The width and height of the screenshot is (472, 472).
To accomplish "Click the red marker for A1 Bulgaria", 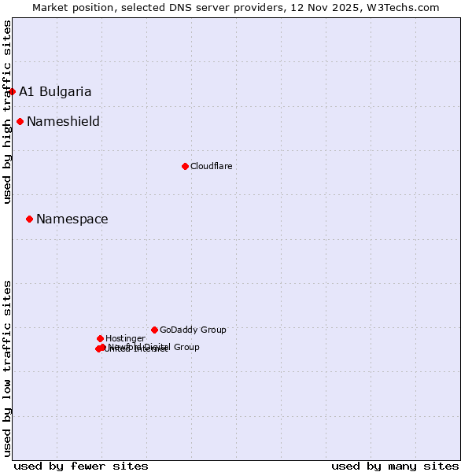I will tap(12, 91).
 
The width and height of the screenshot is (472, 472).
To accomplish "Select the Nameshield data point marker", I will tap(20, 121).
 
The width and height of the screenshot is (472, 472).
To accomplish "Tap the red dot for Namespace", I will tap(29, 219).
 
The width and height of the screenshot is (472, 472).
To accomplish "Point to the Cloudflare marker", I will tap(185, 166).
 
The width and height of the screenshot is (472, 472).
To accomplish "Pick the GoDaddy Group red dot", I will tap(154, 330).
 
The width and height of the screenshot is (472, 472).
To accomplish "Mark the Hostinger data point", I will tap(100, 338).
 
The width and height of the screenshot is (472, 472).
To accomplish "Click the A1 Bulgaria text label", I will tap(55, 91).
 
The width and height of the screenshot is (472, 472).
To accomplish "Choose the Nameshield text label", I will tap(63, 121).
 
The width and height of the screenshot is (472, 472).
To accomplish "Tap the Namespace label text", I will tap(72, 219).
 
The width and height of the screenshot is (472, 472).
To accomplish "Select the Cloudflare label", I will tap(211, 166).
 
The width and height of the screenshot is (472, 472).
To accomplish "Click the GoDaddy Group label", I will tap(193, 330).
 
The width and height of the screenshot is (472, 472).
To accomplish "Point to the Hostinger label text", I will tap(125, 338).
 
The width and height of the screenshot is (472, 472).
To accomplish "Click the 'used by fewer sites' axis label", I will tap(81, 466).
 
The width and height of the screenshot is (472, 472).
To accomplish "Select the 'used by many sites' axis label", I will tap(395, 466).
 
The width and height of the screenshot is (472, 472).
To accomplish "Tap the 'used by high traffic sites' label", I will tap(7, 112).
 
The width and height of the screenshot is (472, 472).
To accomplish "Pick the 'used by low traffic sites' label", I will tap(7, 368).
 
